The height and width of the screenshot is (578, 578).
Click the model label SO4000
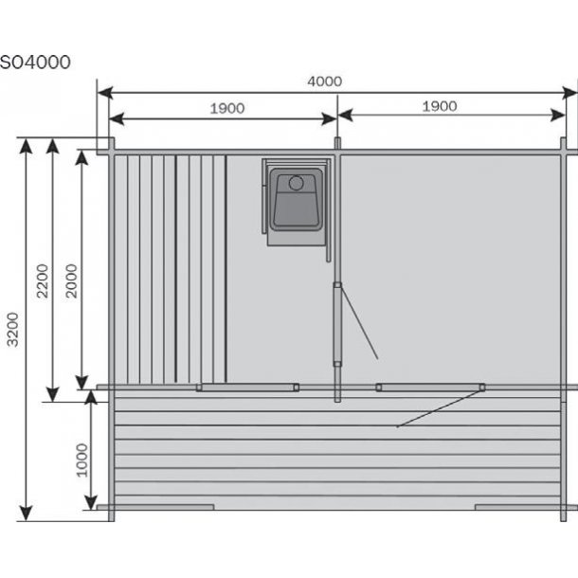click(35, 63)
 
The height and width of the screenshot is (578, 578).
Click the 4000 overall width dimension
click(325, 81)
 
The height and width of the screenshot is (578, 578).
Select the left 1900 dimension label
click(227, 108)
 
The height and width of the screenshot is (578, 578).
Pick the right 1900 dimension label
click(440, 106)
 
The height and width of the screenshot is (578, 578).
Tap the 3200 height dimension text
click(13, 330)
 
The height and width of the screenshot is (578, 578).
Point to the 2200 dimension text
click(43, 280)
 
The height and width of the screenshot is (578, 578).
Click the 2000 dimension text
click(71, 280)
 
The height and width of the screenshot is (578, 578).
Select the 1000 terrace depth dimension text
click(81, 461)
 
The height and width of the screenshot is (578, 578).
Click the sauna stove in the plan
click(296, 202)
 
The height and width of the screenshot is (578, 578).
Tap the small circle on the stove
click(296, 183)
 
